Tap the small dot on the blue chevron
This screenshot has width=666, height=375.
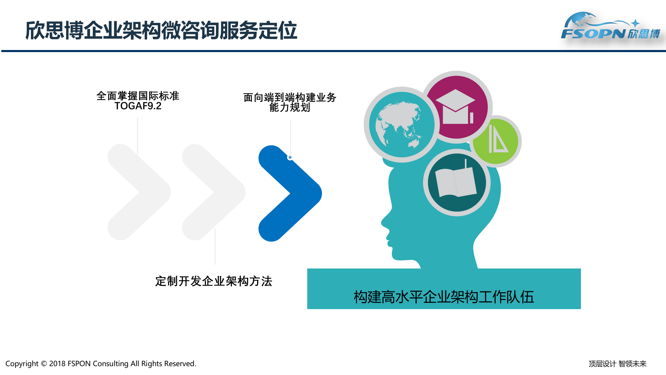pos(290,157)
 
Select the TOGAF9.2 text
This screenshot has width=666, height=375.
pos(138,106)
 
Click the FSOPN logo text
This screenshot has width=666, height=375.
pos(593,33)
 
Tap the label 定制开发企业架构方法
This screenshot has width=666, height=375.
pos(214,281)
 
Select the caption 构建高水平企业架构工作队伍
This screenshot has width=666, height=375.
pos(444,297)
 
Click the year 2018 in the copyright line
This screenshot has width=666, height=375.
pos(57,364)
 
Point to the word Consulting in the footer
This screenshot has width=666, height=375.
pos(111,364)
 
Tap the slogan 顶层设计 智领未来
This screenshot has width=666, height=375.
pos(617,364)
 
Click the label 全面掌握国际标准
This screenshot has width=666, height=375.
pos(138,96)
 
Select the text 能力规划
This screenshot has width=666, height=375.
pos(290,107)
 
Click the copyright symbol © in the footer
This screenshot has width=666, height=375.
pos(44,364)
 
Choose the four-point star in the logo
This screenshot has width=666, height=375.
pos(635,23)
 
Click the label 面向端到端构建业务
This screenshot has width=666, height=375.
pos(290,97)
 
